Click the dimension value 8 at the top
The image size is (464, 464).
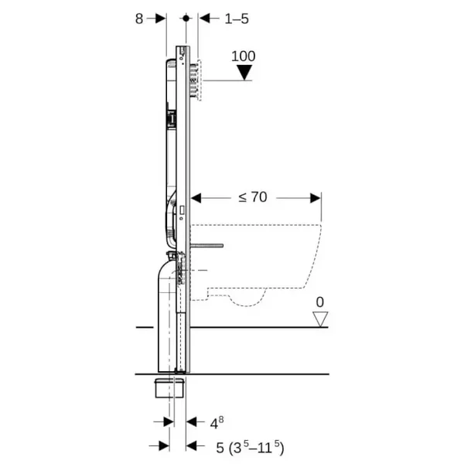point(139,19)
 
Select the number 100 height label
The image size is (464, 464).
point(244,56)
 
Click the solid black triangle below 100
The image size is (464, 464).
point(245,73)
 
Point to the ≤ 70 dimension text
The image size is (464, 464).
point(252,197)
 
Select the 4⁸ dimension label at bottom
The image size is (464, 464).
point(217,422)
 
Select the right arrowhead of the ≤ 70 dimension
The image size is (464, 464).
point(316,197)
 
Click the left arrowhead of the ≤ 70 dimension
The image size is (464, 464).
point(196,197)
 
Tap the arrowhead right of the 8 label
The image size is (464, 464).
point(161,19)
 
